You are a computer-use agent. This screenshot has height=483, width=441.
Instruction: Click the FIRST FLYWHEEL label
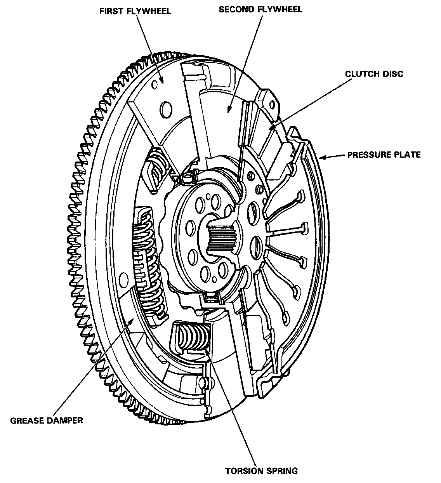pos(135,10)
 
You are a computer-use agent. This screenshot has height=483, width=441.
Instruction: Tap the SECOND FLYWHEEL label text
pos(260,9)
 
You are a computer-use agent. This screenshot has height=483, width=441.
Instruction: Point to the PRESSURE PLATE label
pos(384,155)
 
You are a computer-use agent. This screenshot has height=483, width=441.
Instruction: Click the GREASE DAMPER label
pos(47,420)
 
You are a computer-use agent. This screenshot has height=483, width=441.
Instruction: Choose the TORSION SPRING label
pos(262,471)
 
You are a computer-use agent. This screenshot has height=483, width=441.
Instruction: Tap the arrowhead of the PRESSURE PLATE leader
pos(321,158)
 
